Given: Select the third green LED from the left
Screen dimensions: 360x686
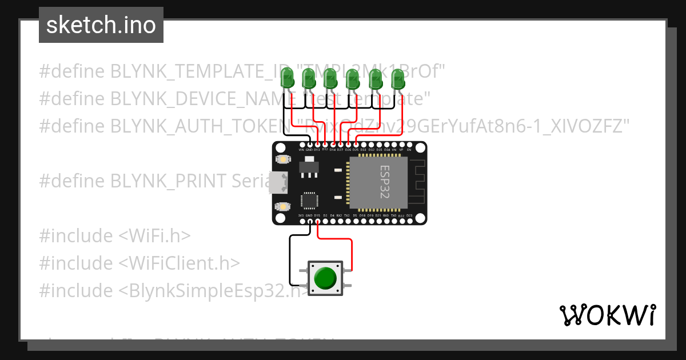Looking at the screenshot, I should coord(330,78).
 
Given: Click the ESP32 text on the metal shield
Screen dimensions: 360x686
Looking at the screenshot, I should coord(384,182).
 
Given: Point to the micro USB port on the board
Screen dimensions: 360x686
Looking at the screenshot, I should coord(280,182).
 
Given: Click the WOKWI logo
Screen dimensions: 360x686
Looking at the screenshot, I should coord(607,315).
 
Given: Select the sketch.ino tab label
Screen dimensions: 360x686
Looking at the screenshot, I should coord(101,25).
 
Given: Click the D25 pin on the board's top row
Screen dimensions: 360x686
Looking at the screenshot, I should coord(356,144).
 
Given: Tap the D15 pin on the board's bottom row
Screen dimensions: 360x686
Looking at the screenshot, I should coord(317,221).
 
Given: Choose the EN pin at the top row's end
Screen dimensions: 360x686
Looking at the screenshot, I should coord(409,144).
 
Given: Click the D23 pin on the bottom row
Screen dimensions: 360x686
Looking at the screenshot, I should coord(409,221).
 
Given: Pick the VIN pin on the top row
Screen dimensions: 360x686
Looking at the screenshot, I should coord(301,144).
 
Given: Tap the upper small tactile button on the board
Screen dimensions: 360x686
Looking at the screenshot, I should coord(281,159).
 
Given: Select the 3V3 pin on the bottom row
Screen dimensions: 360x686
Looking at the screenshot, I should coord(301,221).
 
